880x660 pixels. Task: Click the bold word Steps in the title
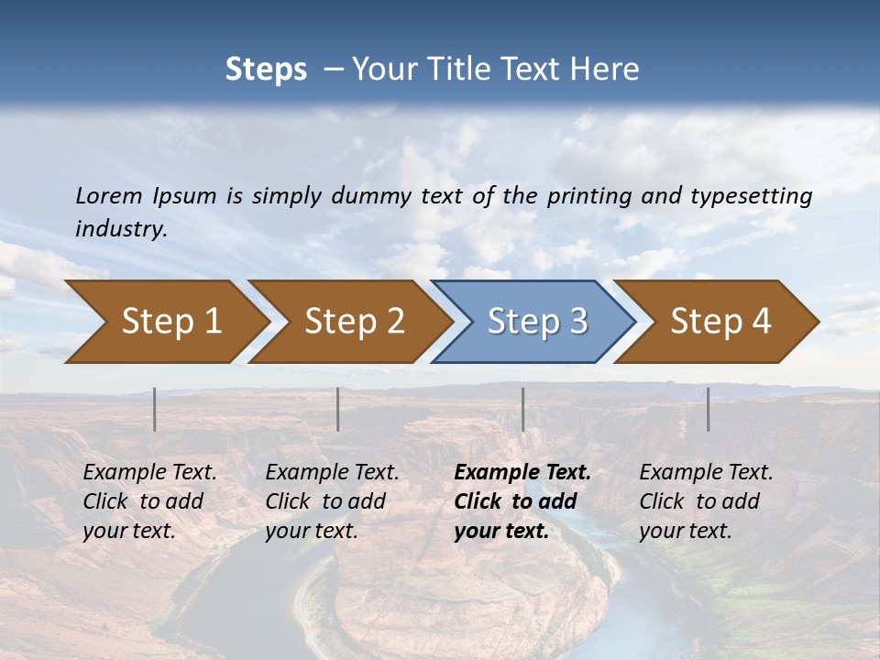coord(266,70)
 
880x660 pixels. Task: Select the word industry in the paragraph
coord(120,228)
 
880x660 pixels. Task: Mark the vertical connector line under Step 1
coord(155,409)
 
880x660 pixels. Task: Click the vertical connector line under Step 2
coord(338,409)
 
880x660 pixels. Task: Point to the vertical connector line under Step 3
coord(523,409)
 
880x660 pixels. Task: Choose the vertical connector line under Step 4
coord(709,409)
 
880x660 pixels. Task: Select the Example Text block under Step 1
coord(149,501)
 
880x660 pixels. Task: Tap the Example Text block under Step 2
coord(332,501)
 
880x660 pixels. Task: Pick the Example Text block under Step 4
coord(706,501)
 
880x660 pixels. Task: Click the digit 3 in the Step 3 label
coord(577,322)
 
